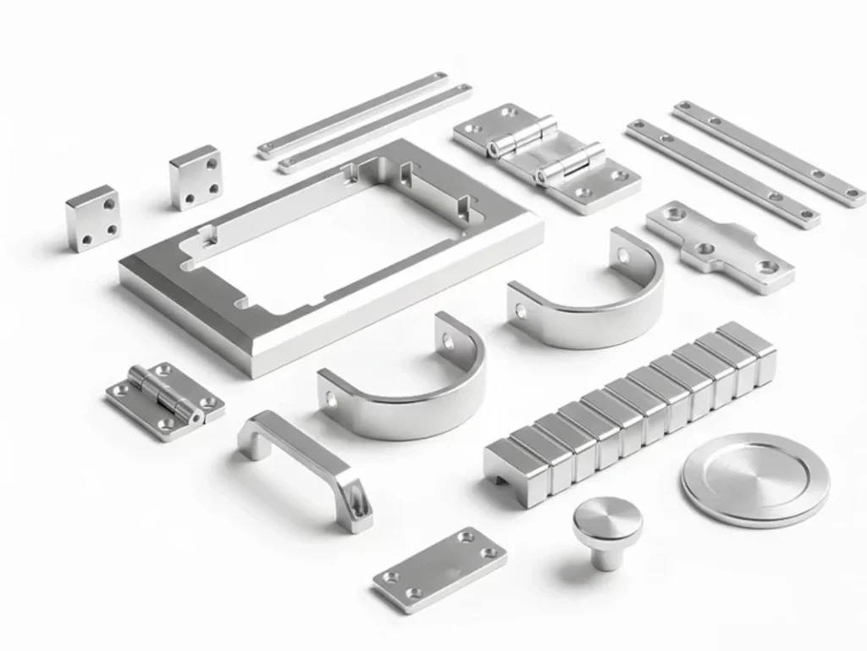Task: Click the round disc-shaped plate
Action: click(x=754, y=480)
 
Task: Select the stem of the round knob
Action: click(x=605, y=555)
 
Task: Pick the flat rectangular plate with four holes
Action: click(x=440, y=569)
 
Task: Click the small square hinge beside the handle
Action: click(x=165, y=401)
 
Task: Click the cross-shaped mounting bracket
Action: click(x=721, y=246)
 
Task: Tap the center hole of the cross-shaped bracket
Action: click(x=705, y=249)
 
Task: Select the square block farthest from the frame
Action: click(x=92, y=219)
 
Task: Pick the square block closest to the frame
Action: click(x=196, y=176)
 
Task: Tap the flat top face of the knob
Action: click(x=606, y=516)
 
